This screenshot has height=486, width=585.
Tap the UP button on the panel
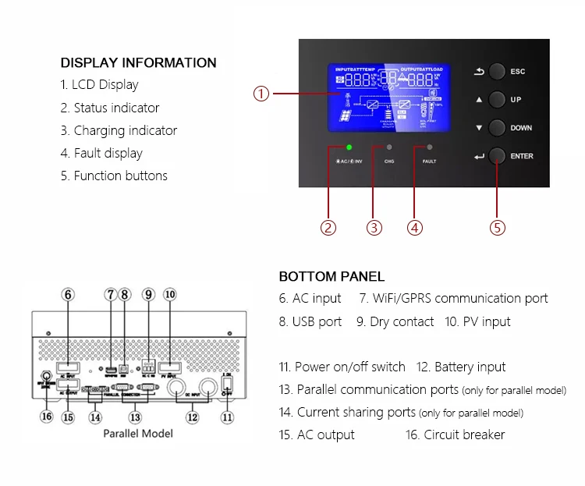[498, 100]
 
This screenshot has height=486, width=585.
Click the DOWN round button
[498, 128]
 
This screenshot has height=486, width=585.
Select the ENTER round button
[498, 156]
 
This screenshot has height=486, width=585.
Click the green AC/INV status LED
[349, 147]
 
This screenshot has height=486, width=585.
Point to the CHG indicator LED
[389, 147]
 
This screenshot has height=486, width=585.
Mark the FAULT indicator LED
[429, 147]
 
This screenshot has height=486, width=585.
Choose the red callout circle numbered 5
[498, 228]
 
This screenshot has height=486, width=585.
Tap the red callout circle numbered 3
[375, 228]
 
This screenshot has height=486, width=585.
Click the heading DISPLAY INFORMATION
[138, 62]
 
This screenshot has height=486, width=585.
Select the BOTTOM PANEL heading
[331, 276]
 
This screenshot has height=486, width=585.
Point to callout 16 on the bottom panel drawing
[46, 417]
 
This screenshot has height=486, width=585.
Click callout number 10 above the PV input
[169, 294]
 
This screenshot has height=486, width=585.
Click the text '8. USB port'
[310, 321]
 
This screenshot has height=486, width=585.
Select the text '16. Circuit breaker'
[455, 435]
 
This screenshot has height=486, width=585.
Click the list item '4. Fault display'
[101, 153]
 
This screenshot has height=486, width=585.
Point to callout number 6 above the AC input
[69, 294]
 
